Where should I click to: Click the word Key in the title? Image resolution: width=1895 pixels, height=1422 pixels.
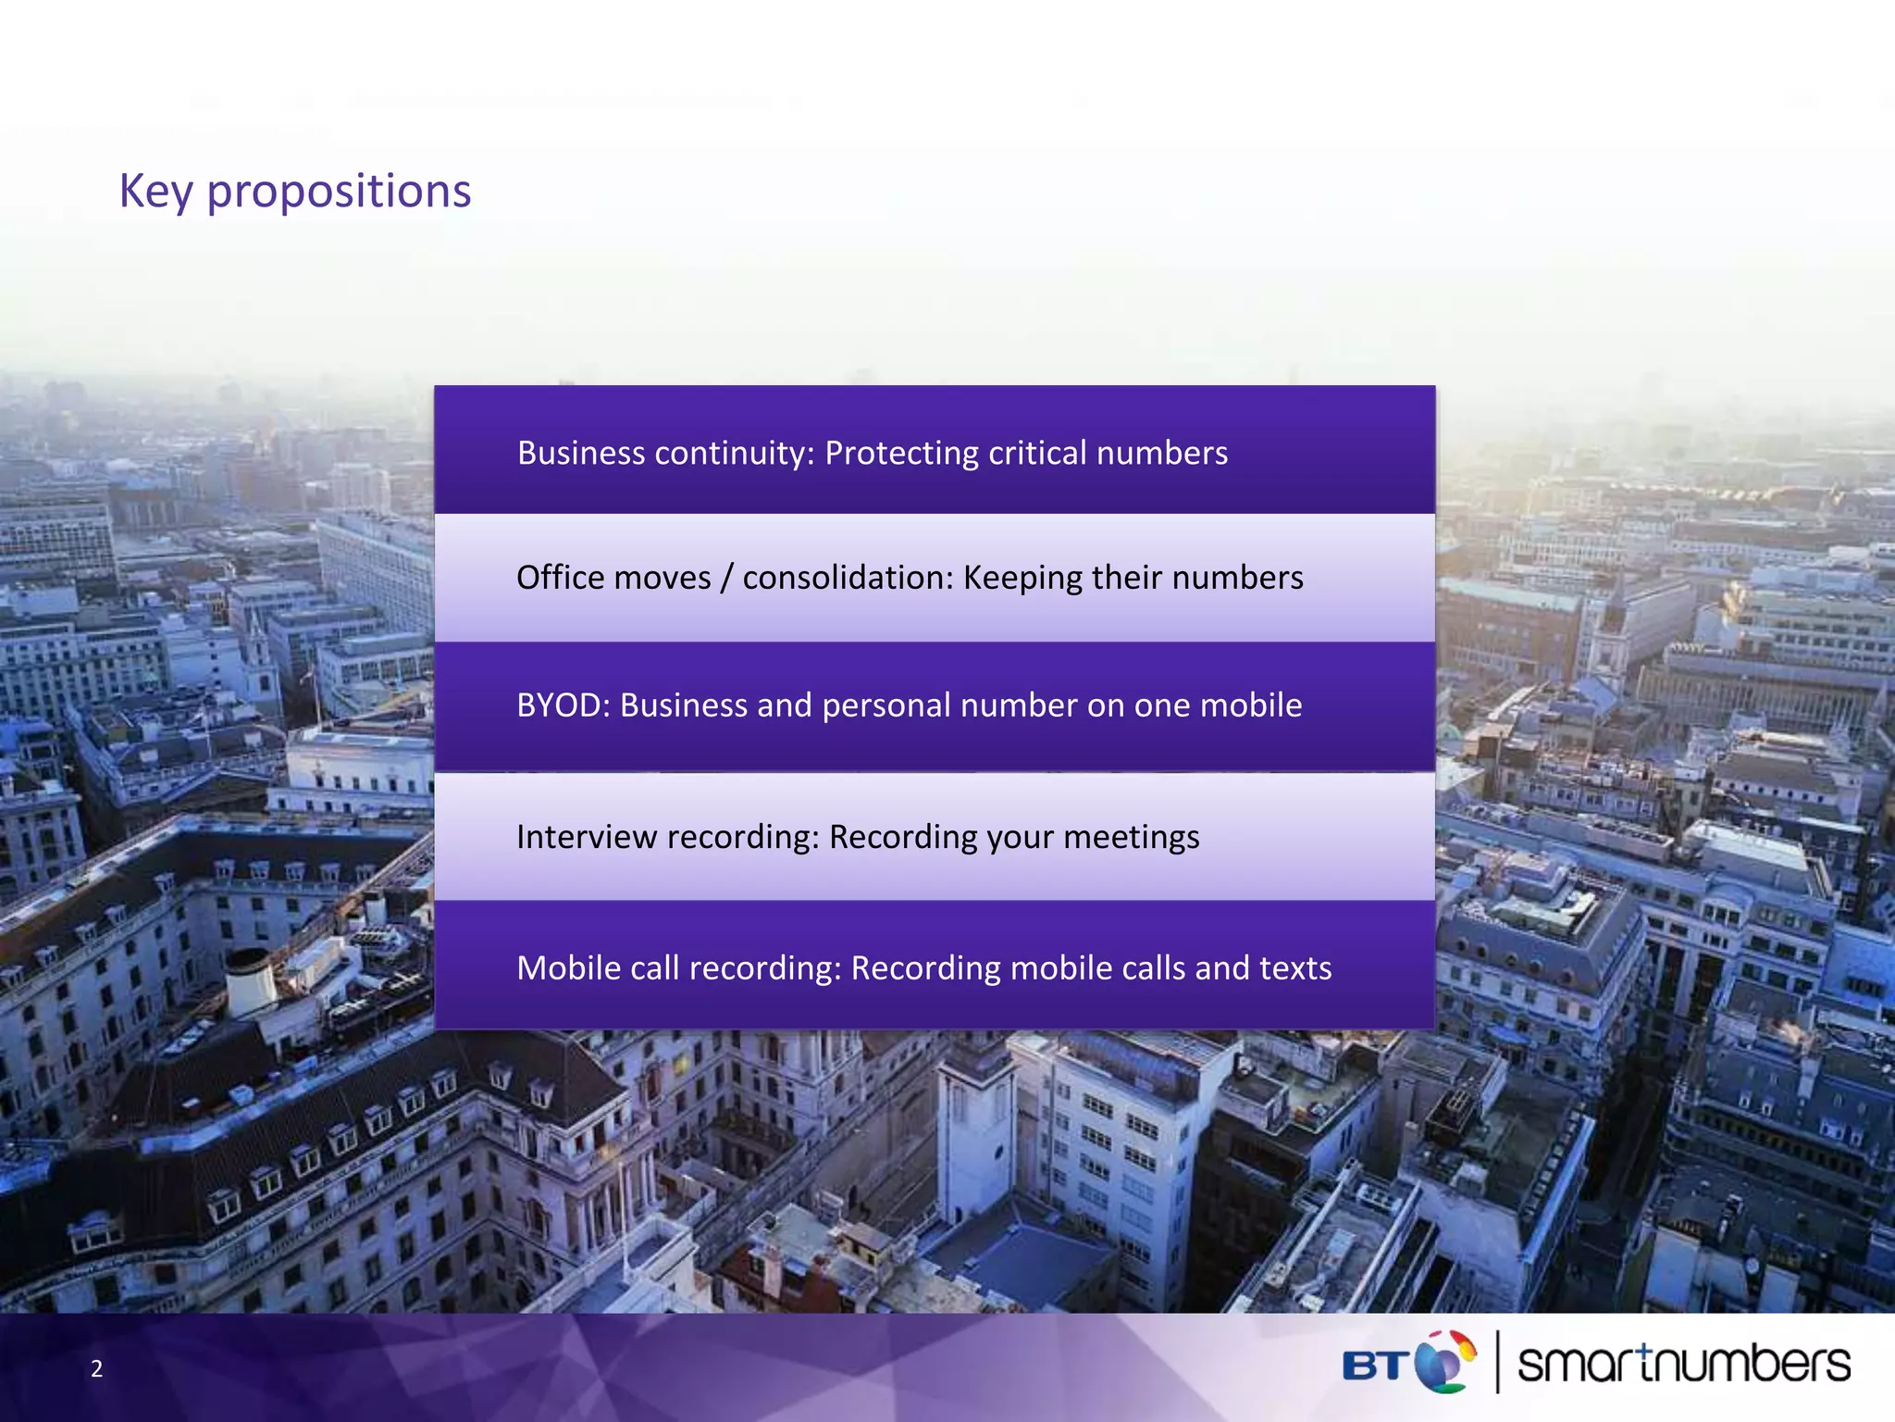pyautogui.click(x=155, y=192)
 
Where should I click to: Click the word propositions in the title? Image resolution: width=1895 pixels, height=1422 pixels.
pyautogui.click(x=339, y=193)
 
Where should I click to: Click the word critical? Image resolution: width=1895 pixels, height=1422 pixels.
pyautogui.click(x=1037, y=453)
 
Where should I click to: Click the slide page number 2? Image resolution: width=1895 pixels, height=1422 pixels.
pyautogui.click(x=96, y=1368)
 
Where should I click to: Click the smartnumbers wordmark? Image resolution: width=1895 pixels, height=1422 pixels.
pyautogui.click(x=1683, y=1364)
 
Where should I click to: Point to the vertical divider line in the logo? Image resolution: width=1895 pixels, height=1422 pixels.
pyautogui.click(x=1497, y=1361)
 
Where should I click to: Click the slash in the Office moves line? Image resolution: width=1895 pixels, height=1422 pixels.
pyautogui.click(x=726, y=578)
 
